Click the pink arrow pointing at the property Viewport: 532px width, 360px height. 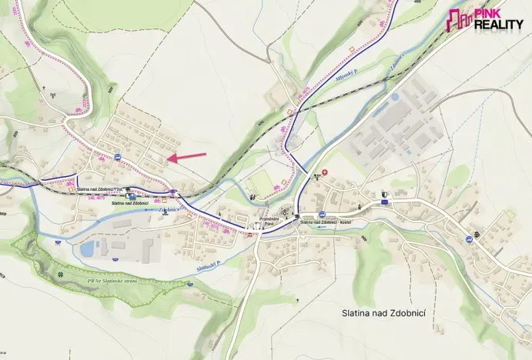187,157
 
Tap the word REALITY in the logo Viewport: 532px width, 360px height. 498,25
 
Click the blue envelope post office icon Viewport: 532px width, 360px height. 383,202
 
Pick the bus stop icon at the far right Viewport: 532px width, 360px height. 467,239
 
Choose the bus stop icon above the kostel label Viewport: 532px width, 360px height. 322,214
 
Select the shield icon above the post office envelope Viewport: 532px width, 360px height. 384,192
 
